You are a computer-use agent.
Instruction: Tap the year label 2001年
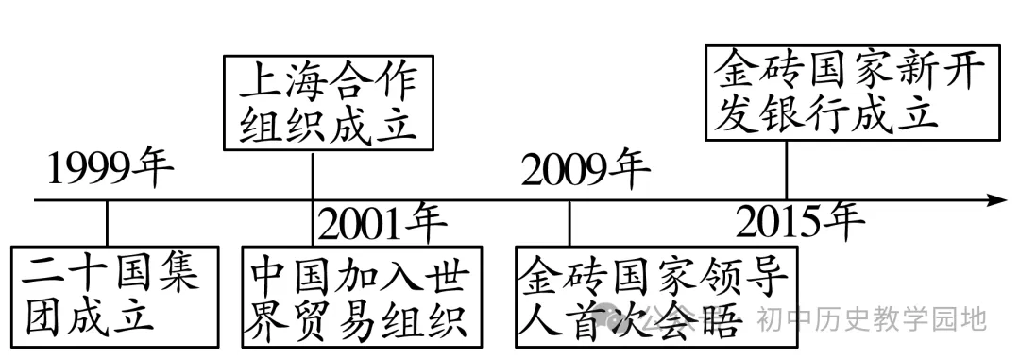[382, 224]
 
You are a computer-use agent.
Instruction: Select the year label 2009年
[586, 169]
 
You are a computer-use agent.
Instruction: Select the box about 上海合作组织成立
[328, 102]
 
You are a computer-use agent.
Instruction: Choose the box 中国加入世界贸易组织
[361, 295]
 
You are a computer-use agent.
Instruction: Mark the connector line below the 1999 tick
[107, 223]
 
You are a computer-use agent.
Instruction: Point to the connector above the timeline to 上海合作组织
[313, 175]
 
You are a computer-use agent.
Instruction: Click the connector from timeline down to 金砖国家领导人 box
[569, 223]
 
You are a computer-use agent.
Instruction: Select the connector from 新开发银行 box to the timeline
[787, 170]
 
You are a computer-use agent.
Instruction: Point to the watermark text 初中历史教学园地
[872, 318]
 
